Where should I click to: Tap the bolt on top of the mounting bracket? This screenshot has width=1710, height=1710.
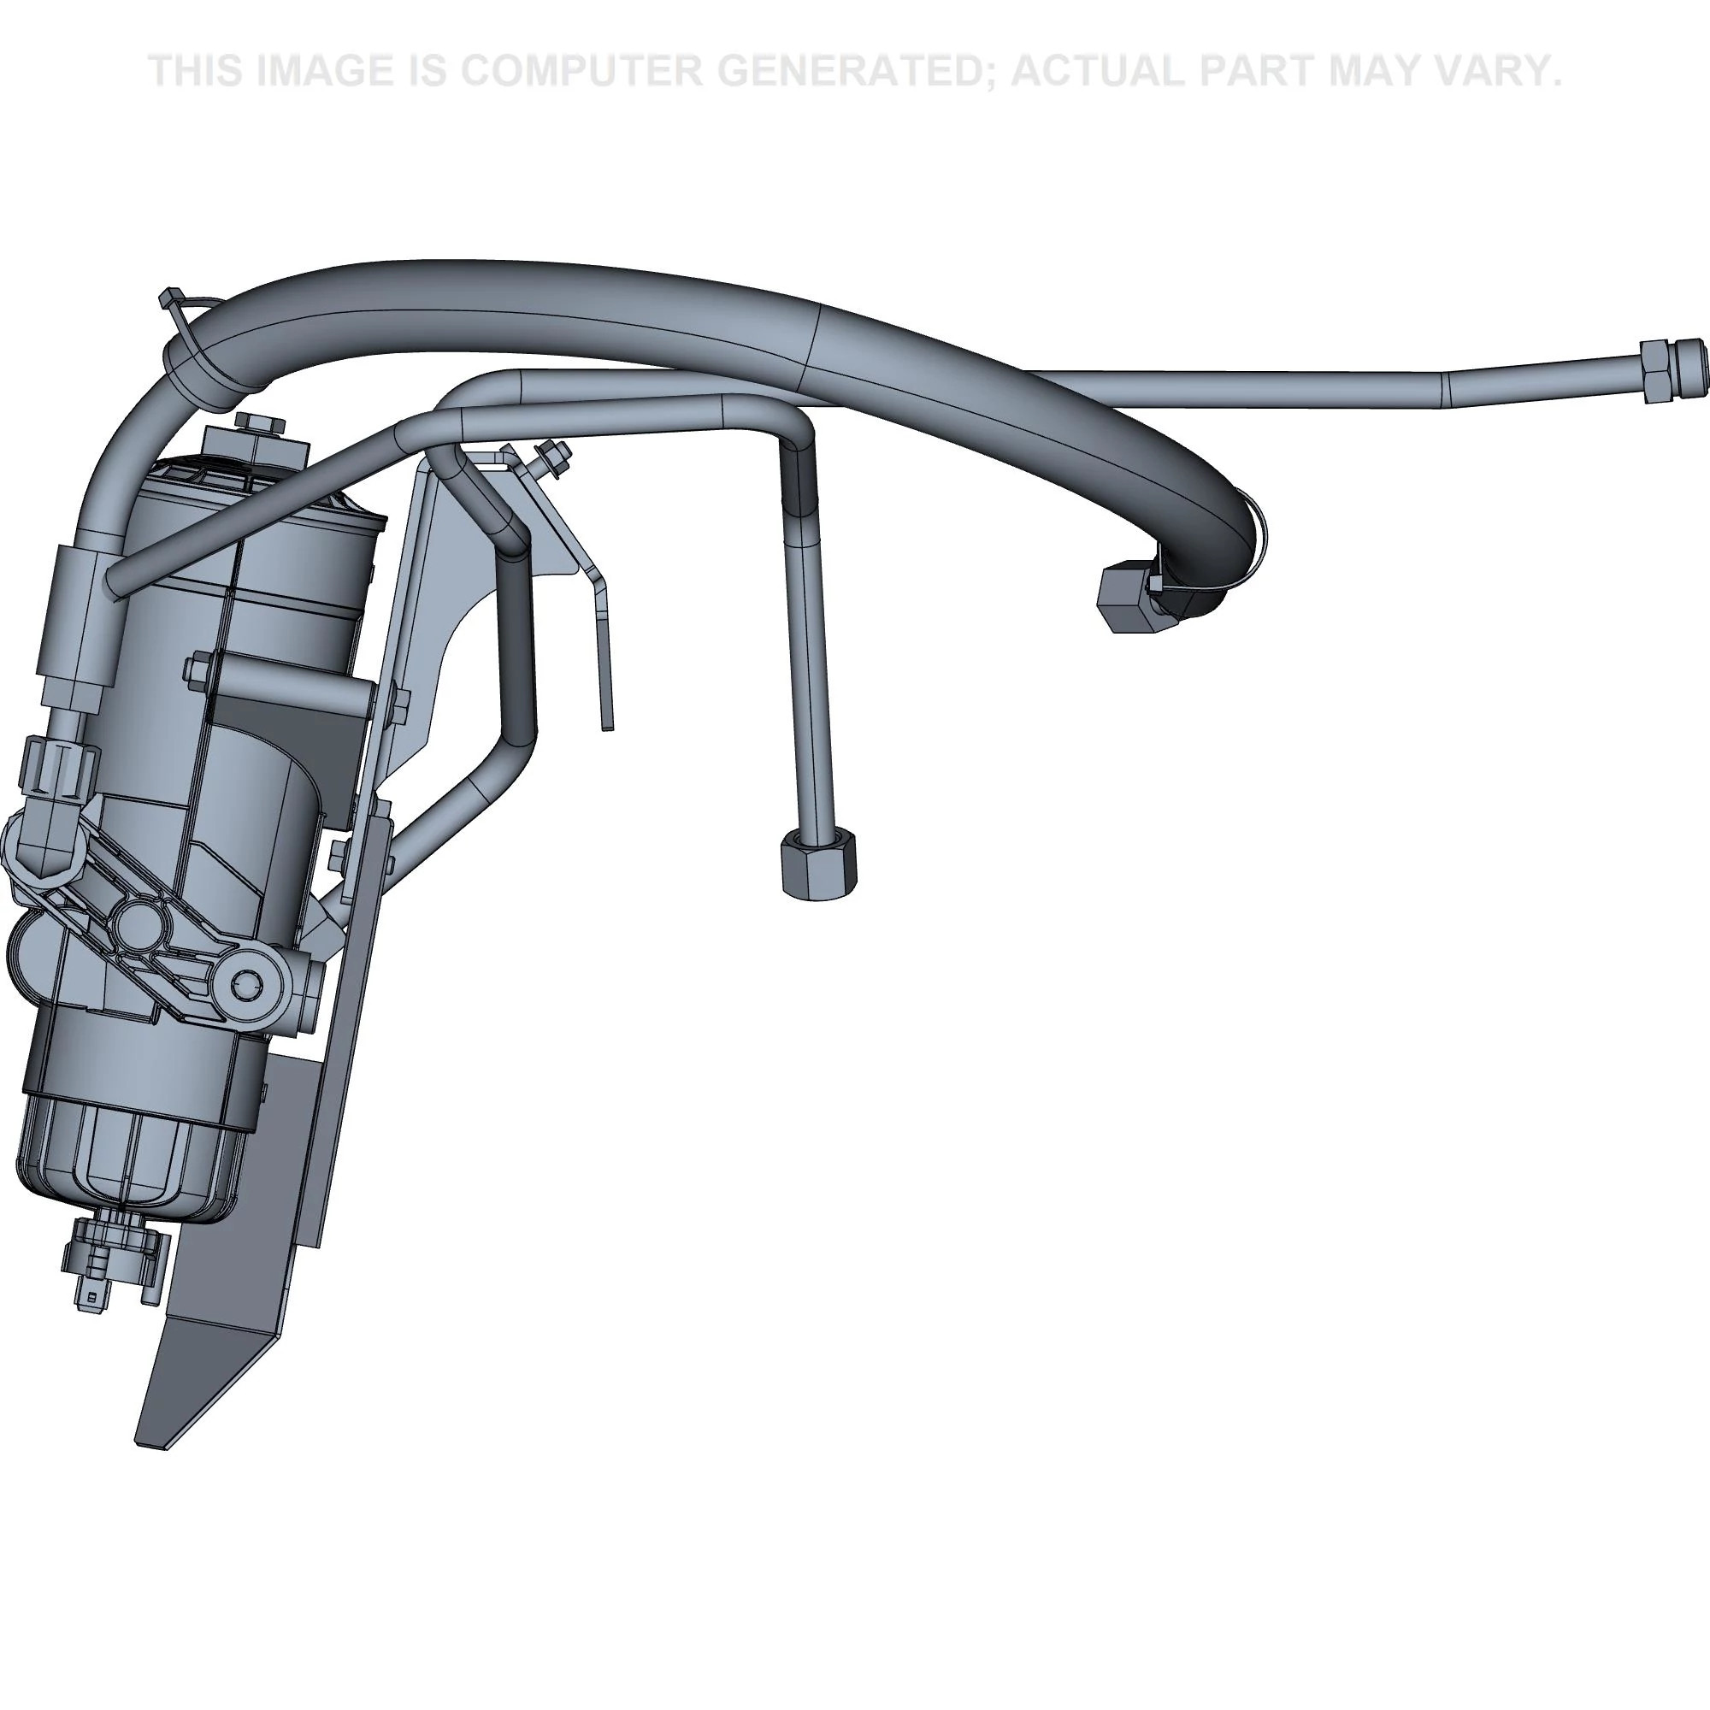click(553, 456)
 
